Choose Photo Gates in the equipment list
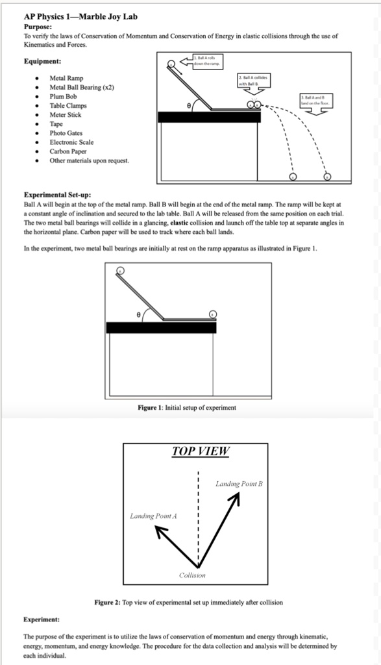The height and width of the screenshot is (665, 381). click(68, 132)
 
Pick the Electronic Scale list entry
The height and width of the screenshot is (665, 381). click(71, 142)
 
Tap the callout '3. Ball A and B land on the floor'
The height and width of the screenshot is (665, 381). click(315, 100)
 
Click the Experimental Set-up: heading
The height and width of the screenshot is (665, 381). click(57, 194)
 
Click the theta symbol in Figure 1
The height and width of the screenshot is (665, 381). click(138, 313)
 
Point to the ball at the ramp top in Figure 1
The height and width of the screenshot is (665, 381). click(120, 271)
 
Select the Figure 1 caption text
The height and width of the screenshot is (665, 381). click(187, 407)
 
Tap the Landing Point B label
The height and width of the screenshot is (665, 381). click(238, 484)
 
